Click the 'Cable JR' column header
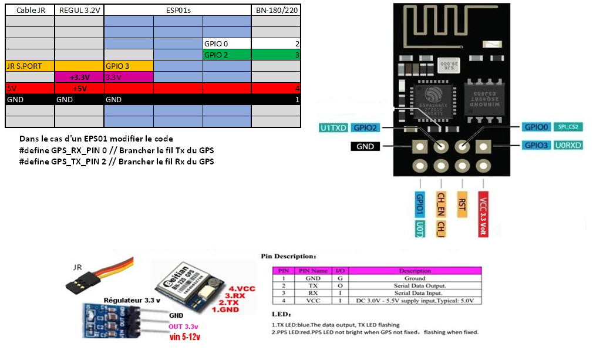(30, 11)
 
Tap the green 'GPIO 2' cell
(227, 55)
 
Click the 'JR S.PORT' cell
(30, 66)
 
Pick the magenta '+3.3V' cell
(79, 77)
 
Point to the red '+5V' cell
(79, 88)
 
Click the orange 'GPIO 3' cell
(129, 66)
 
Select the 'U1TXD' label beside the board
(333, 127)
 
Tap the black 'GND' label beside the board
(365, 146)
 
